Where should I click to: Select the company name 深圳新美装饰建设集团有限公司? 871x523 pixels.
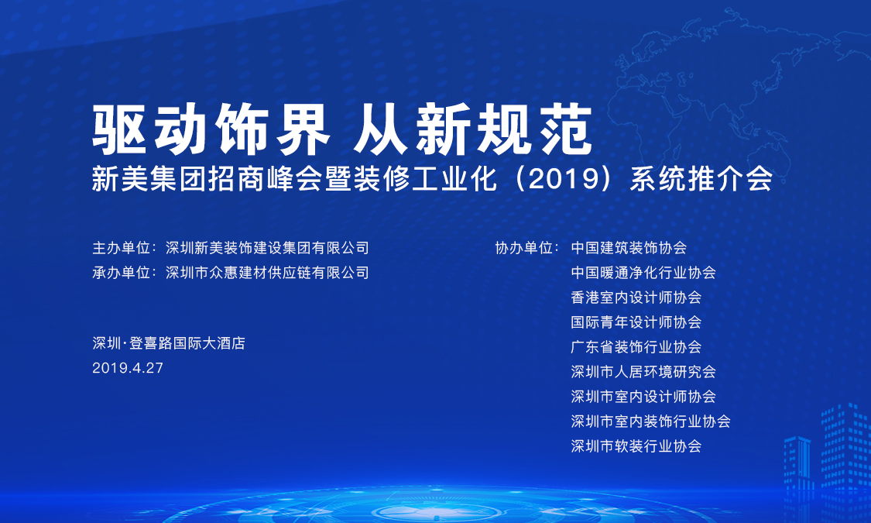click(267, 248)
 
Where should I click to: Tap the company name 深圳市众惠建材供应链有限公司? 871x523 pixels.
click(267, 273)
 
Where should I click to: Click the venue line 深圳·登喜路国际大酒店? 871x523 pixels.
click(168, 343)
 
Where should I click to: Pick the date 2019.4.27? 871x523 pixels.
click(128, 368)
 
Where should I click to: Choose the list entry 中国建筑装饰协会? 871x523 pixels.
click(629, 248)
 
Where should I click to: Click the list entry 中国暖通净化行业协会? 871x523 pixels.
click(643, 273)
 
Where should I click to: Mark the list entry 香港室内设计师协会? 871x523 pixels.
click(636, 298)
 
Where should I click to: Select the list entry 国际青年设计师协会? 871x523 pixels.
click(636, 322)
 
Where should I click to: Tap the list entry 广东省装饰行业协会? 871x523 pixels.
click(636, 347)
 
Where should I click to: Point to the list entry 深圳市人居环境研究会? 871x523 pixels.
click(643, 372)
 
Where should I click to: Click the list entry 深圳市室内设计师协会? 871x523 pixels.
click(643, 397)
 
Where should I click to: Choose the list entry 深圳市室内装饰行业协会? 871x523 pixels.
click(650, 421)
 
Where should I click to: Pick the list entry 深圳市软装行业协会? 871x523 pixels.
click(636, 446)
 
